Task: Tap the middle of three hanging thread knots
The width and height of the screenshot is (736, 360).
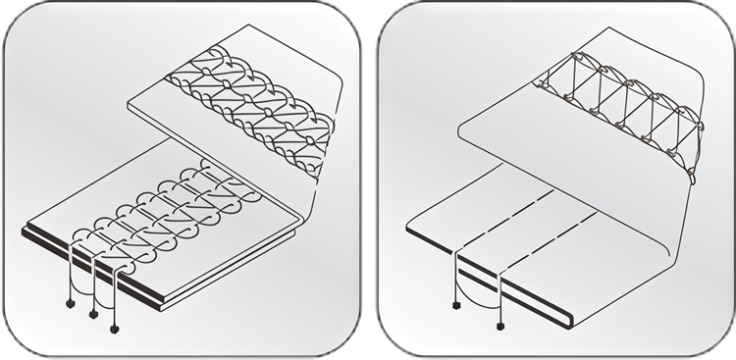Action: pyautogui.click(x=93, y=315)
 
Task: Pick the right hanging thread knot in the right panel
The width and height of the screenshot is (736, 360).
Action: pyautogui.click(x=501, y=325)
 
